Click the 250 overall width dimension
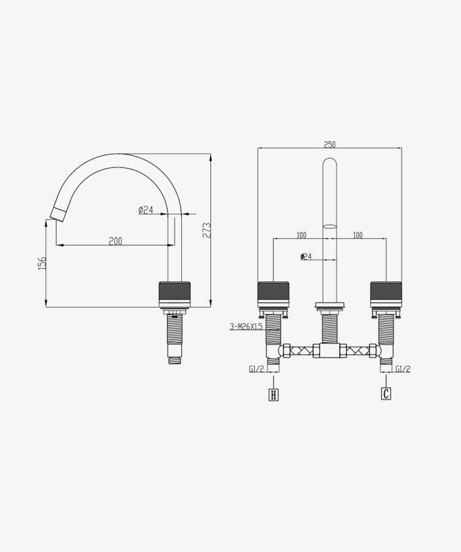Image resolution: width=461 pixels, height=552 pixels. tap(330, 144)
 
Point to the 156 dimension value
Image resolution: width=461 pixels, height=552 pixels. tap(42, 263)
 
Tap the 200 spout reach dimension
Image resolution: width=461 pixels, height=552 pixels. tap(116, 241)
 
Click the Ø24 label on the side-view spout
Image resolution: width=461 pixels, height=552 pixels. tap(146, 210)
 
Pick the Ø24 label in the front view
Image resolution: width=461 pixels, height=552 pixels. tap(306, 256)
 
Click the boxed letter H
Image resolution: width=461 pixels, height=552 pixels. tap(274, 395)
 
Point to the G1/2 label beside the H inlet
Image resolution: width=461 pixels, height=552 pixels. tap(256, 369)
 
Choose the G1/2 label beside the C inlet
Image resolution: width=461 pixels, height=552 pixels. tap(403, 369)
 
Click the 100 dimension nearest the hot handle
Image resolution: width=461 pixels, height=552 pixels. tap(301, 235)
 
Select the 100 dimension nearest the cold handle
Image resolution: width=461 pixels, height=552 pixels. tap(358, 235)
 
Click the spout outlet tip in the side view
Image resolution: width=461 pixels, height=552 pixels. tap(57, 215)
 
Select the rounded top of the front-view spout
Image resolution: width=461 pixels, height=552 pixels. tap(330, 164)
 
